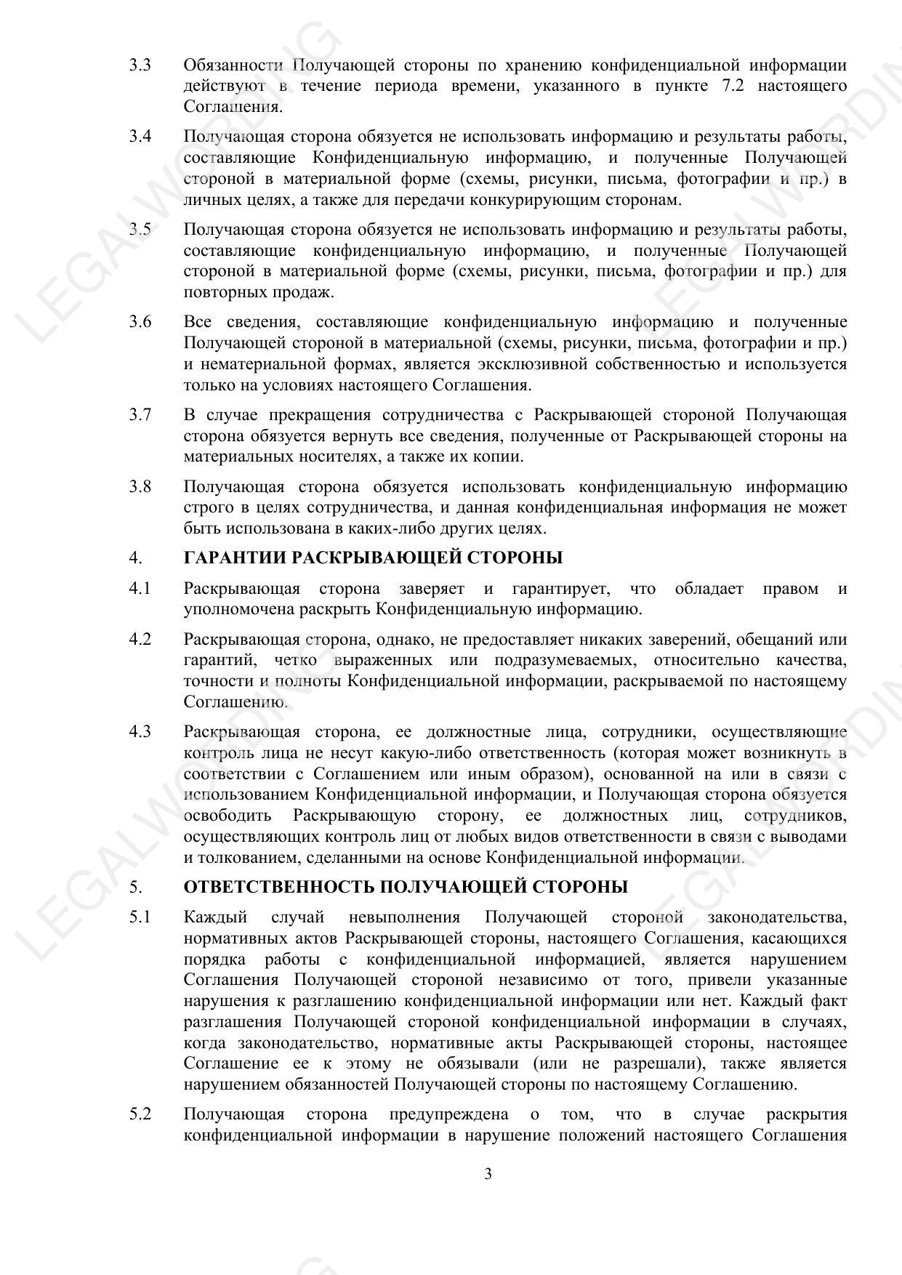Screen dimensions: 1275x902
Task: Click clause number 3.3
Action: [x=140, y=65]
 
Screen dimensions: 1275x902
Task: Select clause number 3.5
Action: [x=140, y=230]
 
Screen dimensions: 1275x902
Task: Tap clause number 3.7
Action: [x=140, y=415]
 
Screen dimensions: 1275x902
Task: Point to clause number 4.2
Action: [x=140, y=639]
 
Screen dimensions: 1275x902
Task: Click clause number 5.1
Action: [x=140, y=917]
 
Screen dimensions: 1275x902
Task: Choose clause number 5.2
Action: [x=140, y=1114]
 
